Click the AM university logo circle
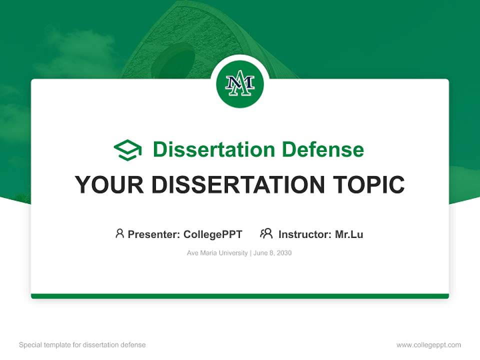click(x=239, y=84)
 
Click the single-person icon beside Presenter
click(x=119, y=233)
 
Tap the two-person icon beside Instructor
click(x=266, y=233)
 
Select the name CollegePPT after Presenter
click(x=212, y=234)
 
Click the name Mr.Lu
click(x=349, y=234)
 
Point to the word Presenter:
click(x=154, y=234)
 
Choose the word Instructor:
click(x=305, y=234)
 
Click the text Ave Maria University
click(x=217, y=253)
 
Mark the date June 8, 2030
click(x=272, y=253)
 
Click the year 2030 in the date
click(x=283, y=253)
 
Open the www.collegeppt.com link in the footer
click(x=428, y=345)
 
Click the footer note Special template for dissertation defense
click(x=82, y=345)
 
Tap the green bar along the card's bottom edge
click(x=240, y=296)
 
